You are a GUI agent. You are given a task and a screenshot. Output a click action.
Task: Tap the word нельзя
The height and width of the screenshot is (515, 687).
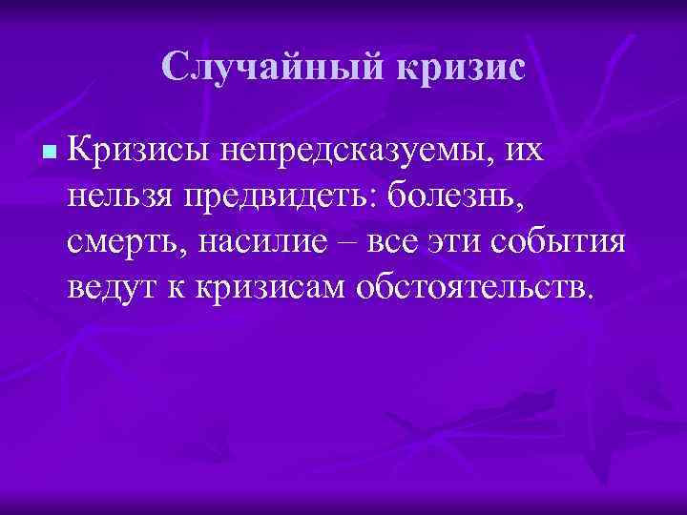[121, 196]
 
